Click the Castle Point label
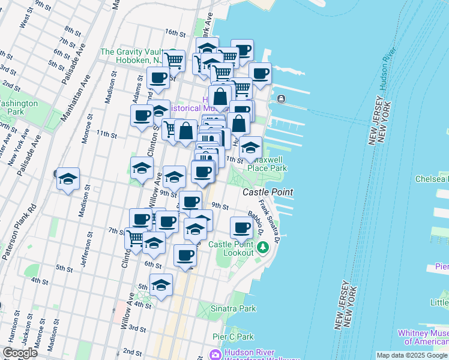(x=268, y=192)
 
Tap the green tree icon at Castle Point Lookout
(x=262, y=247)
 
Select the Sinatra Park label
(x=233, y=308)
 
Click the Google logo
(x=20, y=353)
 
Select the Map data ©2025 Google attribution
(x=412, y=355)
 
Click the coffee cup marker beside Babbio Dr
(x=241, y=228)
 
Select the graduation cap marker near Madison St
(x=68, y=179)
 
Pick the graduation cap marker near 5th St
(x=161, y=286)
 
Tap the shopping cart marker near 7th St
(x=135, y=238)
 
